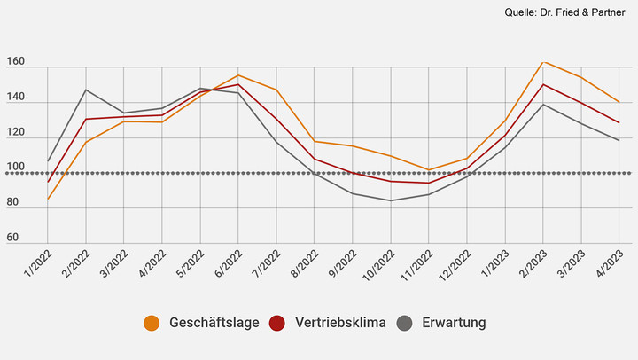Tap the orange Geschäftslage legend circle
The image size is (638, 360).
[x=152, y=323]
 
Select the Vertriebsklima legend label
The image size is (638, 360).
[x=339, y=323]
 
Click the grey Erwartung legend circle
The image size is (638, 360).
[x=405, y=323]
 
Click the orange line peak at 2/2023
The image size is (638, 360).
[x=542, y=62]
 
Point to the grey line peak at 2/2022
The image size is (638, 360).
[x=86, y=90]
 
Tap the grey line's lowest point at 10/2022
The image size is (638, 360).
[x=390, y=200]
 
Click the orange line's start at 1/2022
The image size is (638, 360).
[x=48, y=199]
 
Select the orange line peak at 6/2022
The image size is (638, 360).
[x=238, y=75]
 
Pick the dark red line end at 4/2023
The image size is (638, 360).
[x=619, y=122]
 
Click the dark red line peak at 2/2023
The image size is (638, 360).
[x=542, y=85]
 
